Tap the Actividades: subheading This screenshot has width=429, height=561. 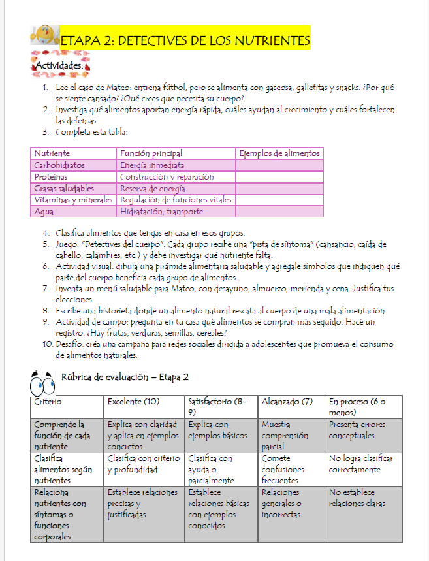click(59, 65)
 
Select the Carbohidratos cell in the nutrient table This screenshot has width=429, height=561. click(59, 165)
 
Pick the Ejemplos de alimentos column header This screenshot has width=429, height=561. click(279, 153)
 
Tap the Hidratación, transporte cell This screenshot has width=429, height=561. click(161, 212)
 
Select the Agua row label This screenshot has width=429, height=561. click(44, 212)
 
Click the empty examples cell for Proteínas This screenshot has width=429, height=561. click(279, 177)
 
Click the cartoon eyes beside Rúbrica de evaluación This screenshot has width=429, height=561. click(43, 380)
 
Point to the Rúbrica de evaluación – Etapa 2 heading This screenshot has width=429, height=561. click(125, 377)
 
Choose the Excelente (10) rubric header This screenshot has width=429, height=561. click(133, 401)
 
